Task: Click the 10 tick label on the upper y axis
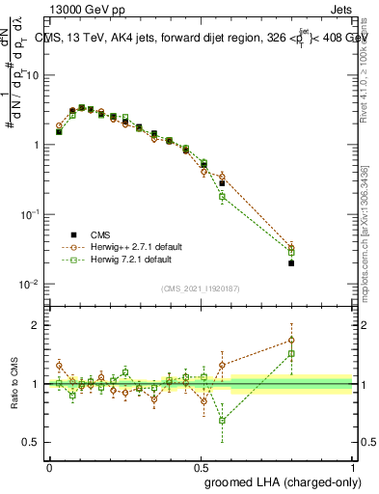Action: click(32, 74)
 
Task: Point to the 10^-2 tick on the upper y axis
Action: click(29, 284)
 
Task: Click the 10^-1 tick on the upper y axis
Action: click(29, 214)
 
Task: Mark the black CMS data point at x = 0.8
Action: click(291, 262)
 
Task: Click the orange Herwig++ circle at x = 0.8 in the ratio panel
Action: click(291, 340)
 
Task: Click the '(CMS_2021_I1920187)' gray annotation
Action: click(201, 288)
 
